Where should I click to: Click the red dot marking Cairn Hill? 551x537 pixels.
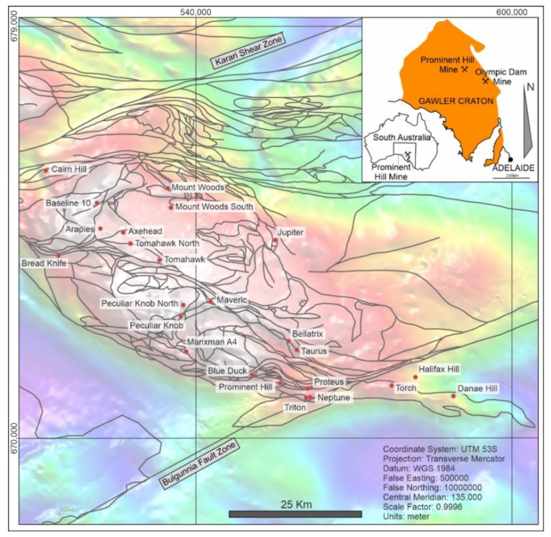point(46,170)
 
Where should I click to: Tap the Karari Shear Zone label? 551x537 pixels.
point(249,52)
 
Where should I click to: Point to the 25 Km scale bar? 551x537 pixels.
point(295,514)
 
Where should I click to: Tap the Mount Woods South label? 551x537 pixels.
point(214,207)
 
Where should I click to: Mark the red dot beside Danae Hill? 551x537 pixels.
point(453,396)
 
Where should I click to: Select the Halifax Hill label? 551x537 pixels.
point(439,369)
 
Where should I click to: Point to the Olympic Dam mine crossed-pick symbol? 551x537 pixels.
point(485,81)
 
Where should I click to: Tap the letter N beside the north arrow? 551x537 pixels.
point(530,88)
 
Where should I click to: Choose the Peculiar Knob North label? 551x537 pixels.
point(140,304)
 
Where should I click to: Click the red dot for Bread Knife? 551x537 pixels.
point(58,255)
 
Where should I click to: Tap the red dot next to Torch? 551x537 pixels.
point(392,386)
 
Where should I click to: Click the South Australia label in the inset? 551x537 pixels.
point(402,138)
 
